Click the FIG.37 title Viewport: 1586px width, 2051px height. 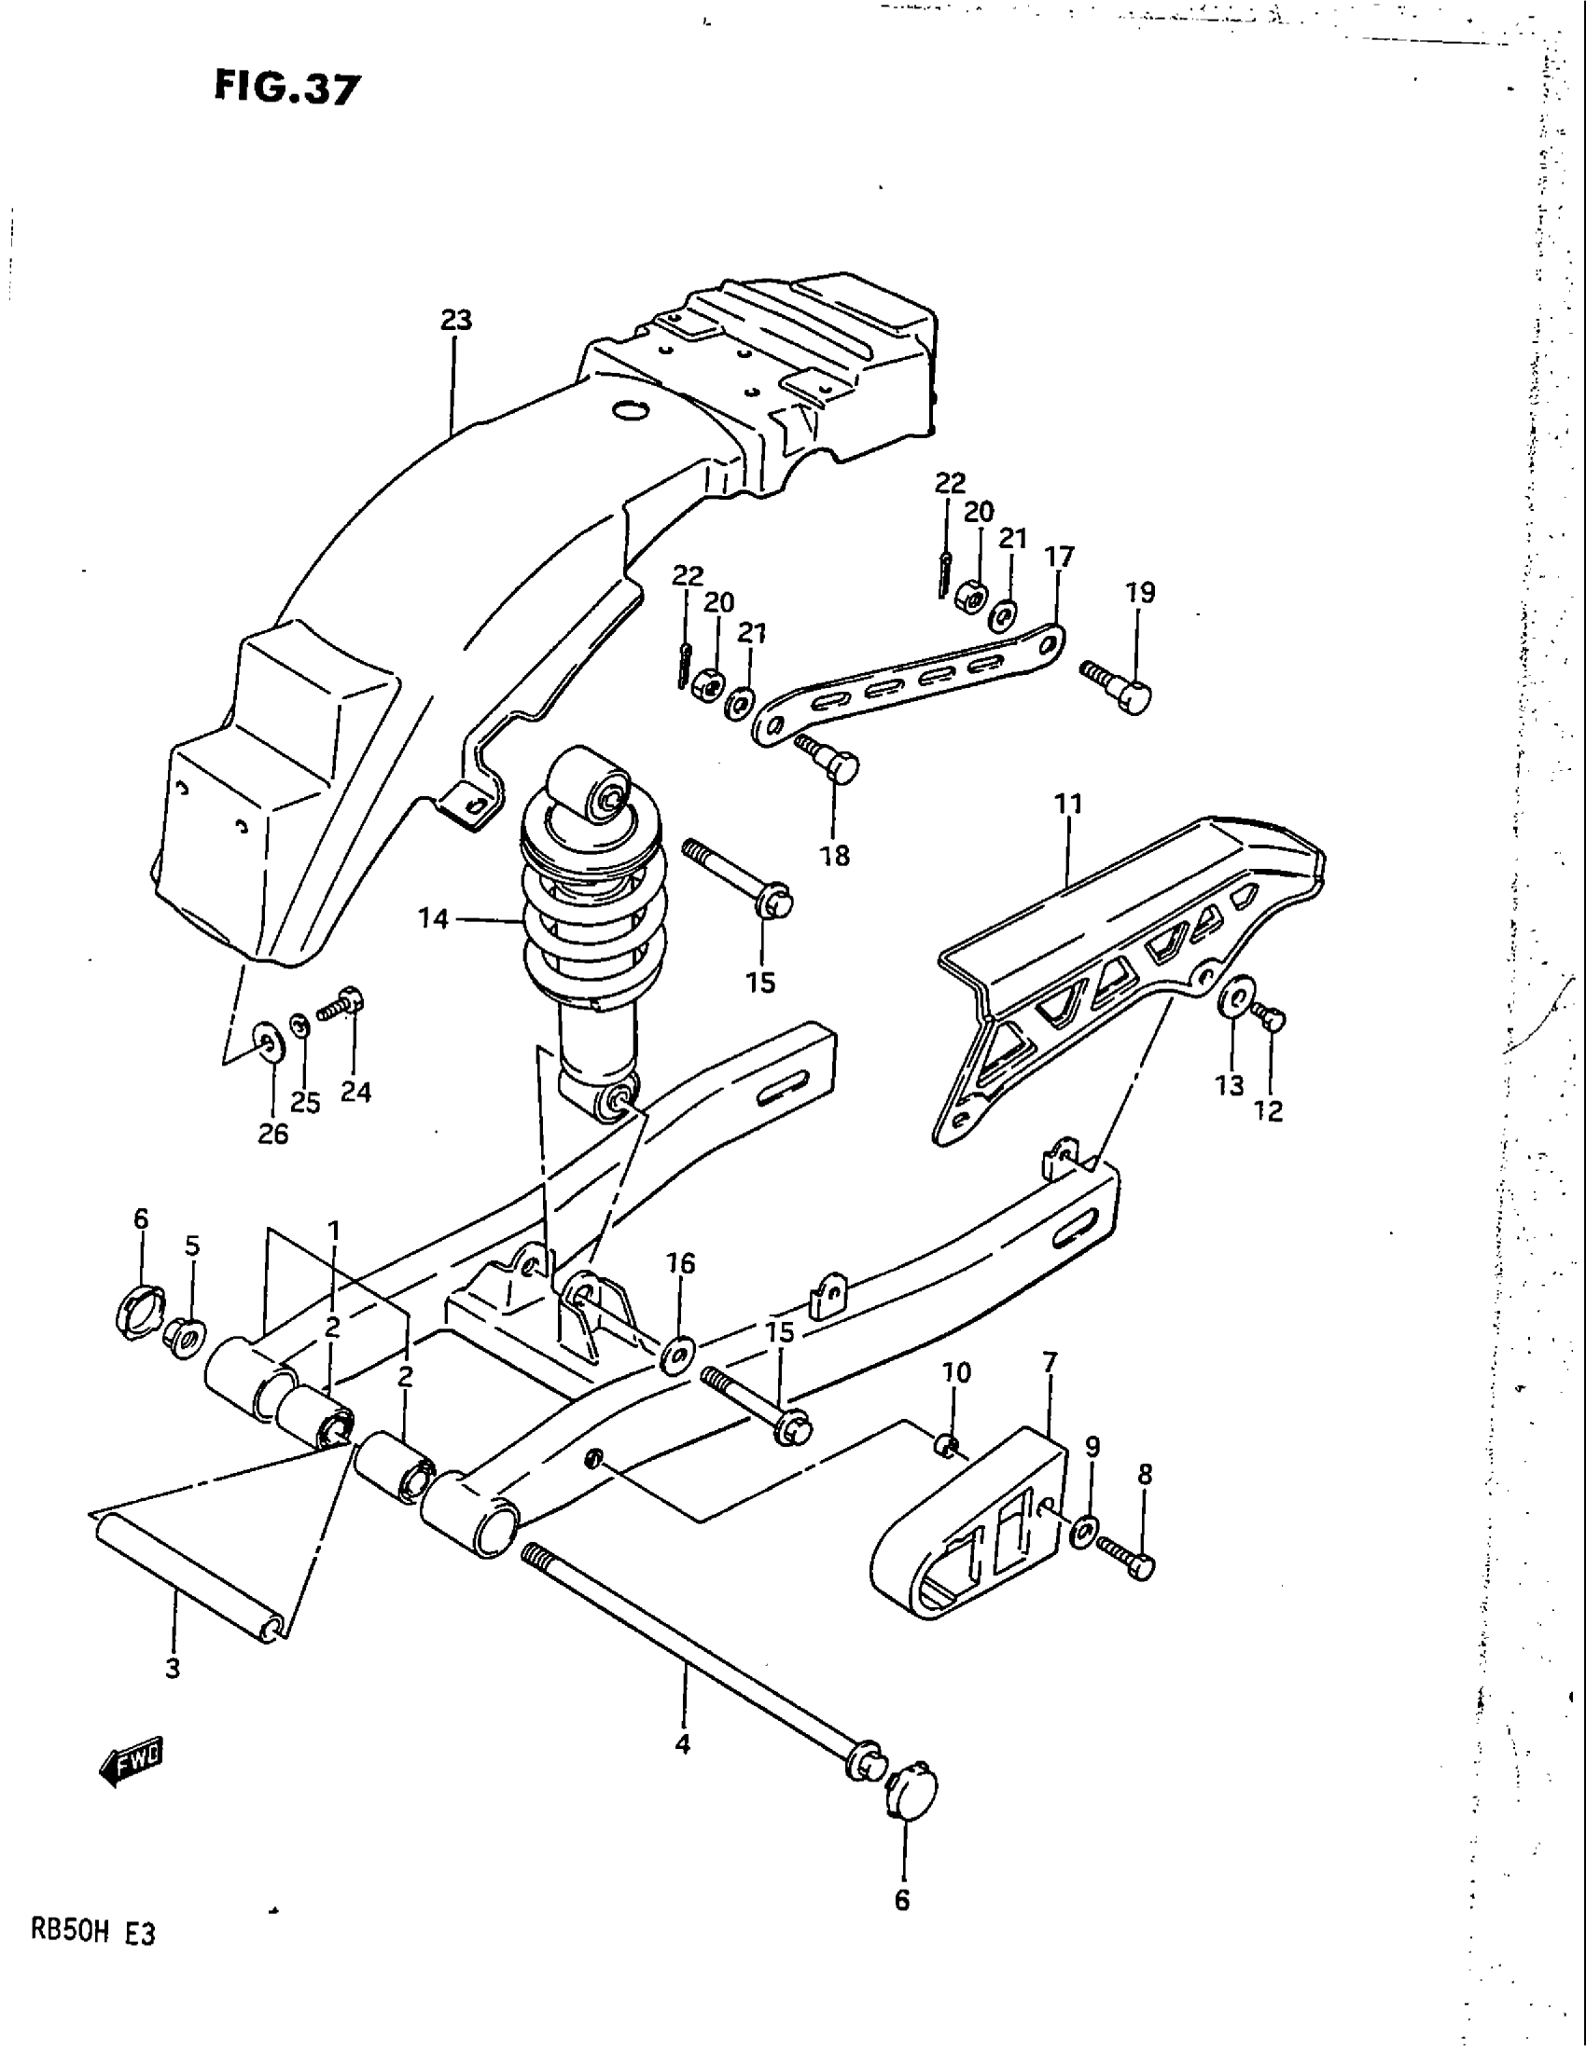click(x=285, y=89)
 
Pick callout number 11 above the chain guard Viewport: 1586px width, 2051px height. click(x=1068, y=804)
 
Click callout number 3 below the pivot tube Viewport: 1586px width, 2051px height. click(x=172, y=1668)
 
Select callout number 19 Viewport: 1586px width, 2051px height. click(x=1140, y=593)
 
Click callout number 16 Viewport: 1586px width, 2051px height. click(x=681, y=1263)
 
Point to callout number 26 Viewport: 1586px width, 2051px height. click(x=272, y=1134)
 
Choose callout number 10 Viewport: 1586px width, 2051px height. click(x=956, y=1372)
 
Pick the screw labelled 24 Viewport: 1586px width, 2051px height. click(x=341, y=1006)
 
